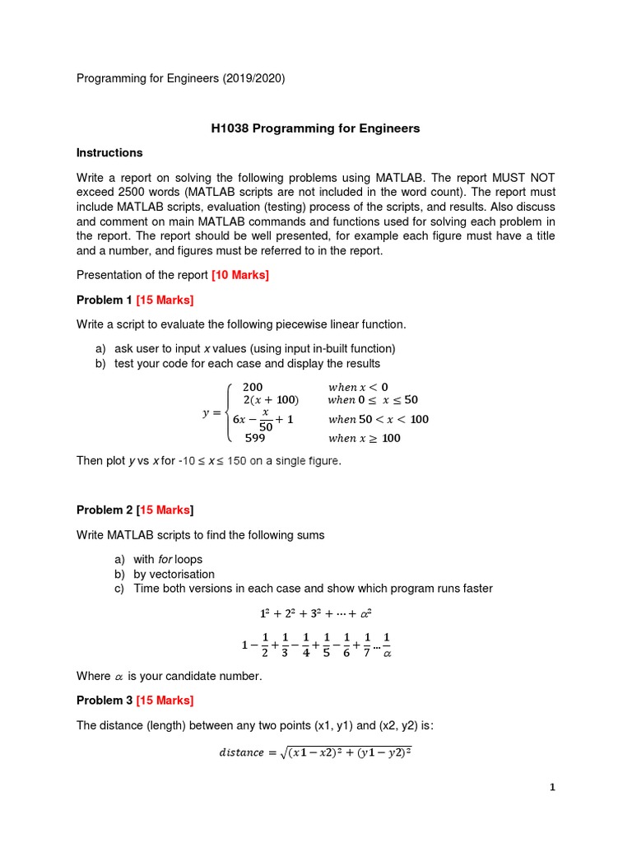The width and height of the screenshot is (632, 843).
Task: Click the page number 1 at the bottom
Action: (553, 787)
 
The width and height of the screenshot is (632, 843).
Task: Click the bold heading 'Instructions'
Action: (109, 152)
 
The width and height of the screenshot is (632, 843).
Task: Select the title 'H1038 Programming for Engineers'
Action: (315, 128)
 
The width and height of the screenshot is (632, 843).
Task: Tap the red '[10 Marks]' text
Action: (240, 275)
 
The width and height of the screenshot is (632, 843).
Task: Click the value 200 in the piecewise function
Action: (253, 387)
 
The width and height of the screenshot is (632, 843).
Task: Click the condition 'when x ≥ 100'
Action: (364, 438)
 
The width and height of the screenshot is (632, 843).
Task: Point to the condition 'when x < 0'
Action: (358, 387)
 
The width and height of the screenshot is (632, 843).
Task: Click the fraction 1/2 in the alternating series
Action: (264, 645)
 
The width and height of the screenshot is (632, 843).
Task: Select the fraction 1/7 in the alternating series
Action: (367, 645)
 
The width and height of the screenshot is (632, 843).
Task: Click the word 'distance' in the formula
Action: (242, 752)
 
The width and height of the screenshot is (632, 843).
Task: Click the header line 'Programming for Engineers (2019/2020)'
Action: (181, 78)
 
